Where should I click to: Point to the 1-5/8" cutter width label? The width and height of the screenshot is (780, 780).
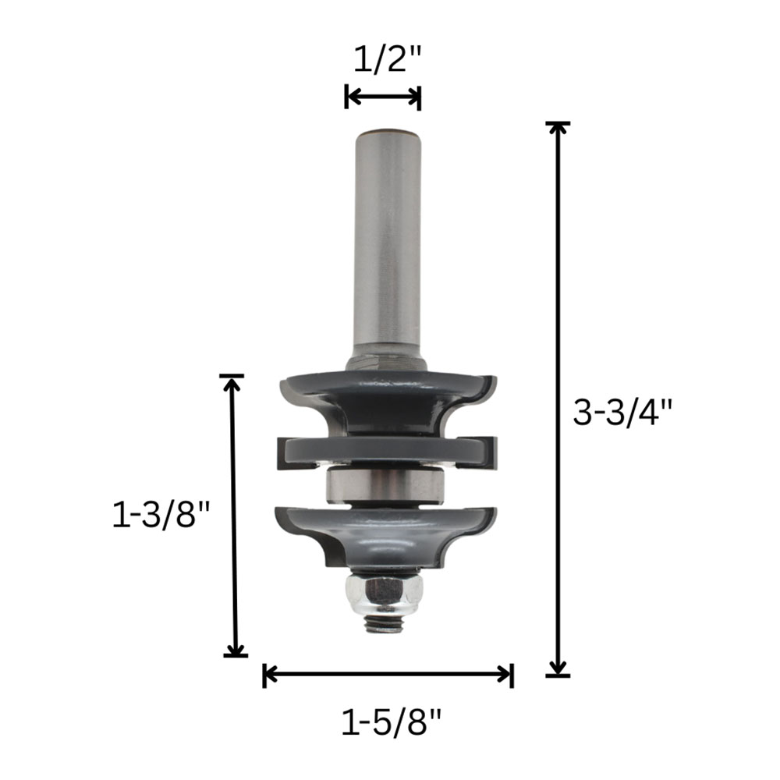(391, 721)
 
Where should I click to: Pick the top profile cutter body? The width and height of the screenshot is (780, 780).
(388, 403)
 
